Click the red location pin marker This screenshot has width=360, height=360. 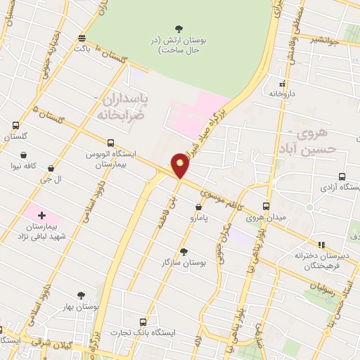tap(181, 165)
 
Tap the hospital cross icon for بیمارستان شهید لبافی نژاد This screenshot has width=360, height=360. tap(41, 214)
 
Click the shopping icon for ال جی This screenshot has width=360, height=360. tap(51, 168)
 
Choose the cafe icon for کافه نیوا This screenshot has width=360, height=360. tap(25, 155)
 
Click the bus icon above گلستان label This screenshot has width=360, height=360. tap(15, 126)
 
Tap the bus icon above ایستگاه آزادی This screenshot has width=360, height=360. tap(342, 177)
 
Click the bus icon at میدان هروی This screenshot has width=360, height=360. tap(266, 206)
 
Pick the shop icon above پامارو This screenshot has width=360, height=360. tap(198, 207)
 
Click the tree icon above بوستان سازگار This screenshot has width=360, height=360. tap(184, 250)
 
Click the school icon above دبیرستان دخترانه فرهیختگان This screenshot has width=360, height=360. tap(321, 245)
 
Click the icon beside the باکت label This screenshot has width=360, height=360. tap(83, 37)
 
